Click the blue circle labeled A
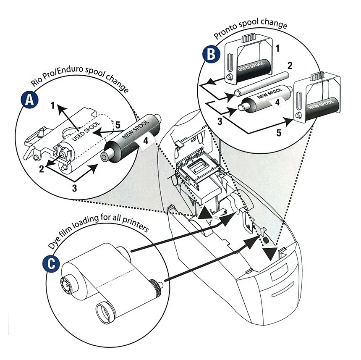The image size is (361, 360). pos(29,100)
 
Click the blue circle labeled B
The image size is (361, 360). pos(211,55)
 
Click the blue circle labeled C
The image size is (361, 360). pos(51,263)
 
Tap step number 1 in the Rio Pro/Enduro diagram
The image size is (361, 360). pos(53,105)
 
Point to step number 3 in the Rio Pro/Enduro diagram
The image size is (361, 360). pos(74,188)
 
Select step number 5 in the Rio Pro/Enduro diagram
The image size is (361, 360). pos(118,125)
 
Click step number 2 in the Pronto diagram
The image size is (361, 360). pos(290,66)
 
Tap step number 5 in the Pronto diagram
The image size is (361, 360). pos(279,133)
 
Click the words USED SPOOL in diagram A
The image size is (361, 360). pos(86,131)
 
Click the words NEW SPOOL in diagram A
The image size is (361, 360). pos(135,130)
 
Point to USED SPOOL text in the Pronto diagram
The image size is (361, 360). pos(251,66)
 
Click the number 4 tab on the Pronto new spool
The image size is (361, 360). pos(278,102)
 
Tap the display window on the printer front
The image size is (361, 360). pos(279,272)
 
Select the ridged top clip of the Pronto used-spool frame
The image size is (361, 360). pos(248,37)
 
